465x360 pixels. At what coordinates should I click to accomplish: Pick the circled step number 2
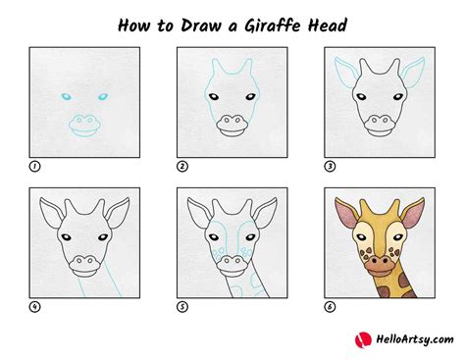[x=181, y=167]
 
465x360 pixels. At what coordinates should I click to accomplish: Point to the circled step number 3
[x=329, y=167]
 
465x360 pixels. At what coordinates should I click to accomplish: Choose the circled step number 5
[x=181, y=307]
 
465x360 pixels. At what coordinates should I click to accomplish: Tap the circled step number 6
[x=329, y=307]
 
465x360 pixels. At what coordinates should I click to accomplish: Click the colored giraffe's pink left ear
[x=345, y=212]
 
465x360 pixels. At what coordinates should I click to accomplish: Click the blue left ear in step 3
[x=343, y=72]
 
